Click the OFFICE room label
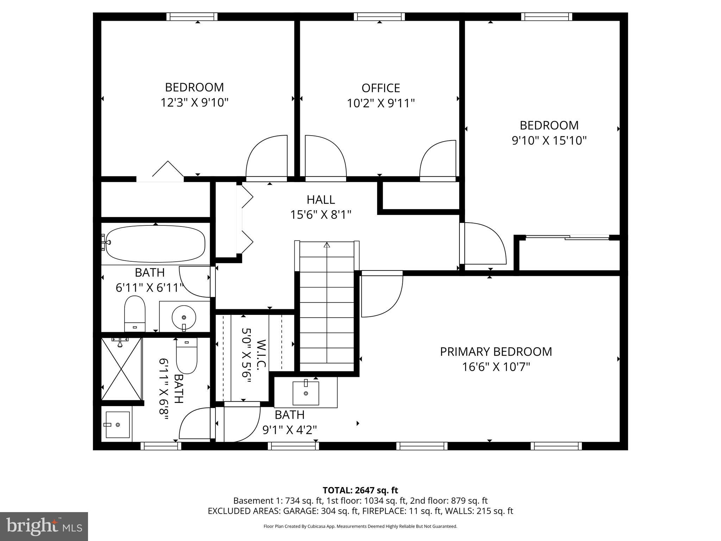[381, 88]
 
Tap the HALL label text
[321, 200]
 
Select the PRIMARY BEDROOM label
[496, 352]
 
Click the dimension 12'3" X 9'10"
[194, 103]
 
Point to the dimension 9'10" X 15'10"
[549, 141]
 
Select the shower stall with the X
[121, 369]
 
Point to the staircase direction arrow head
[327, 245]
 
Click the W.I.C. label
[261, 355]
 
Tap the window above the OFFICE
[379, 17]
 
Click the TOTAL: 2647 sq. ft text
[360, 490]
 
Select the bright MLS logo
[44, 526]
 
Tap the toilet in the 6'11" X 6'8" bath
[187, 356]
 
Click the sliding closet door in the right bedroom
[567, 237]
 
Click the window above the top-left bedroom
[192, 17]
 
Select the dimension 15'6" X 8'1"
[321, 215]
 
